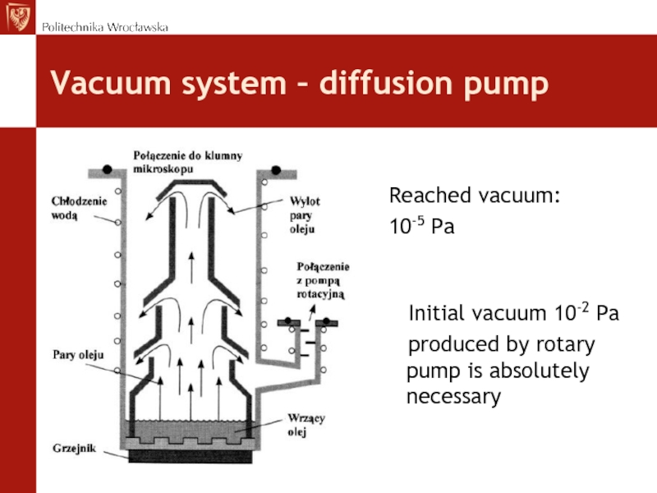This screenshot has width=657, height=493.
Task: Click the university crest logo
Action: (17, 16)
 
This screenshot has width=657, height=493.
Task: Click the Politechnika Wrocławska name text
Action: (105, 27)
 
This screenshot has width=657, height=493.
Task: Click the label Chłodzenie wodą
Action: (70, 205)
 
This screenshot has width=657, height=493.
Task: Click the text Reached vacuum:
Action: (474, 196)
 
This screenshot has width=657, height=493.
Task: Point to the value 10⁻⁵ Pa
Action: (421, 226)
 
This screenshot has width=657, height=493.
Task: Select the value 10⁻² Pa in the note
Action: (584, 313)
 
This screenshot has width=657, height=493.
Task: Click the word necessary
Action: (453, 398)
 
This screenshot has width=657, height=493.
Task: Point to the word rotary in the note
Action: (566, 343)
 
